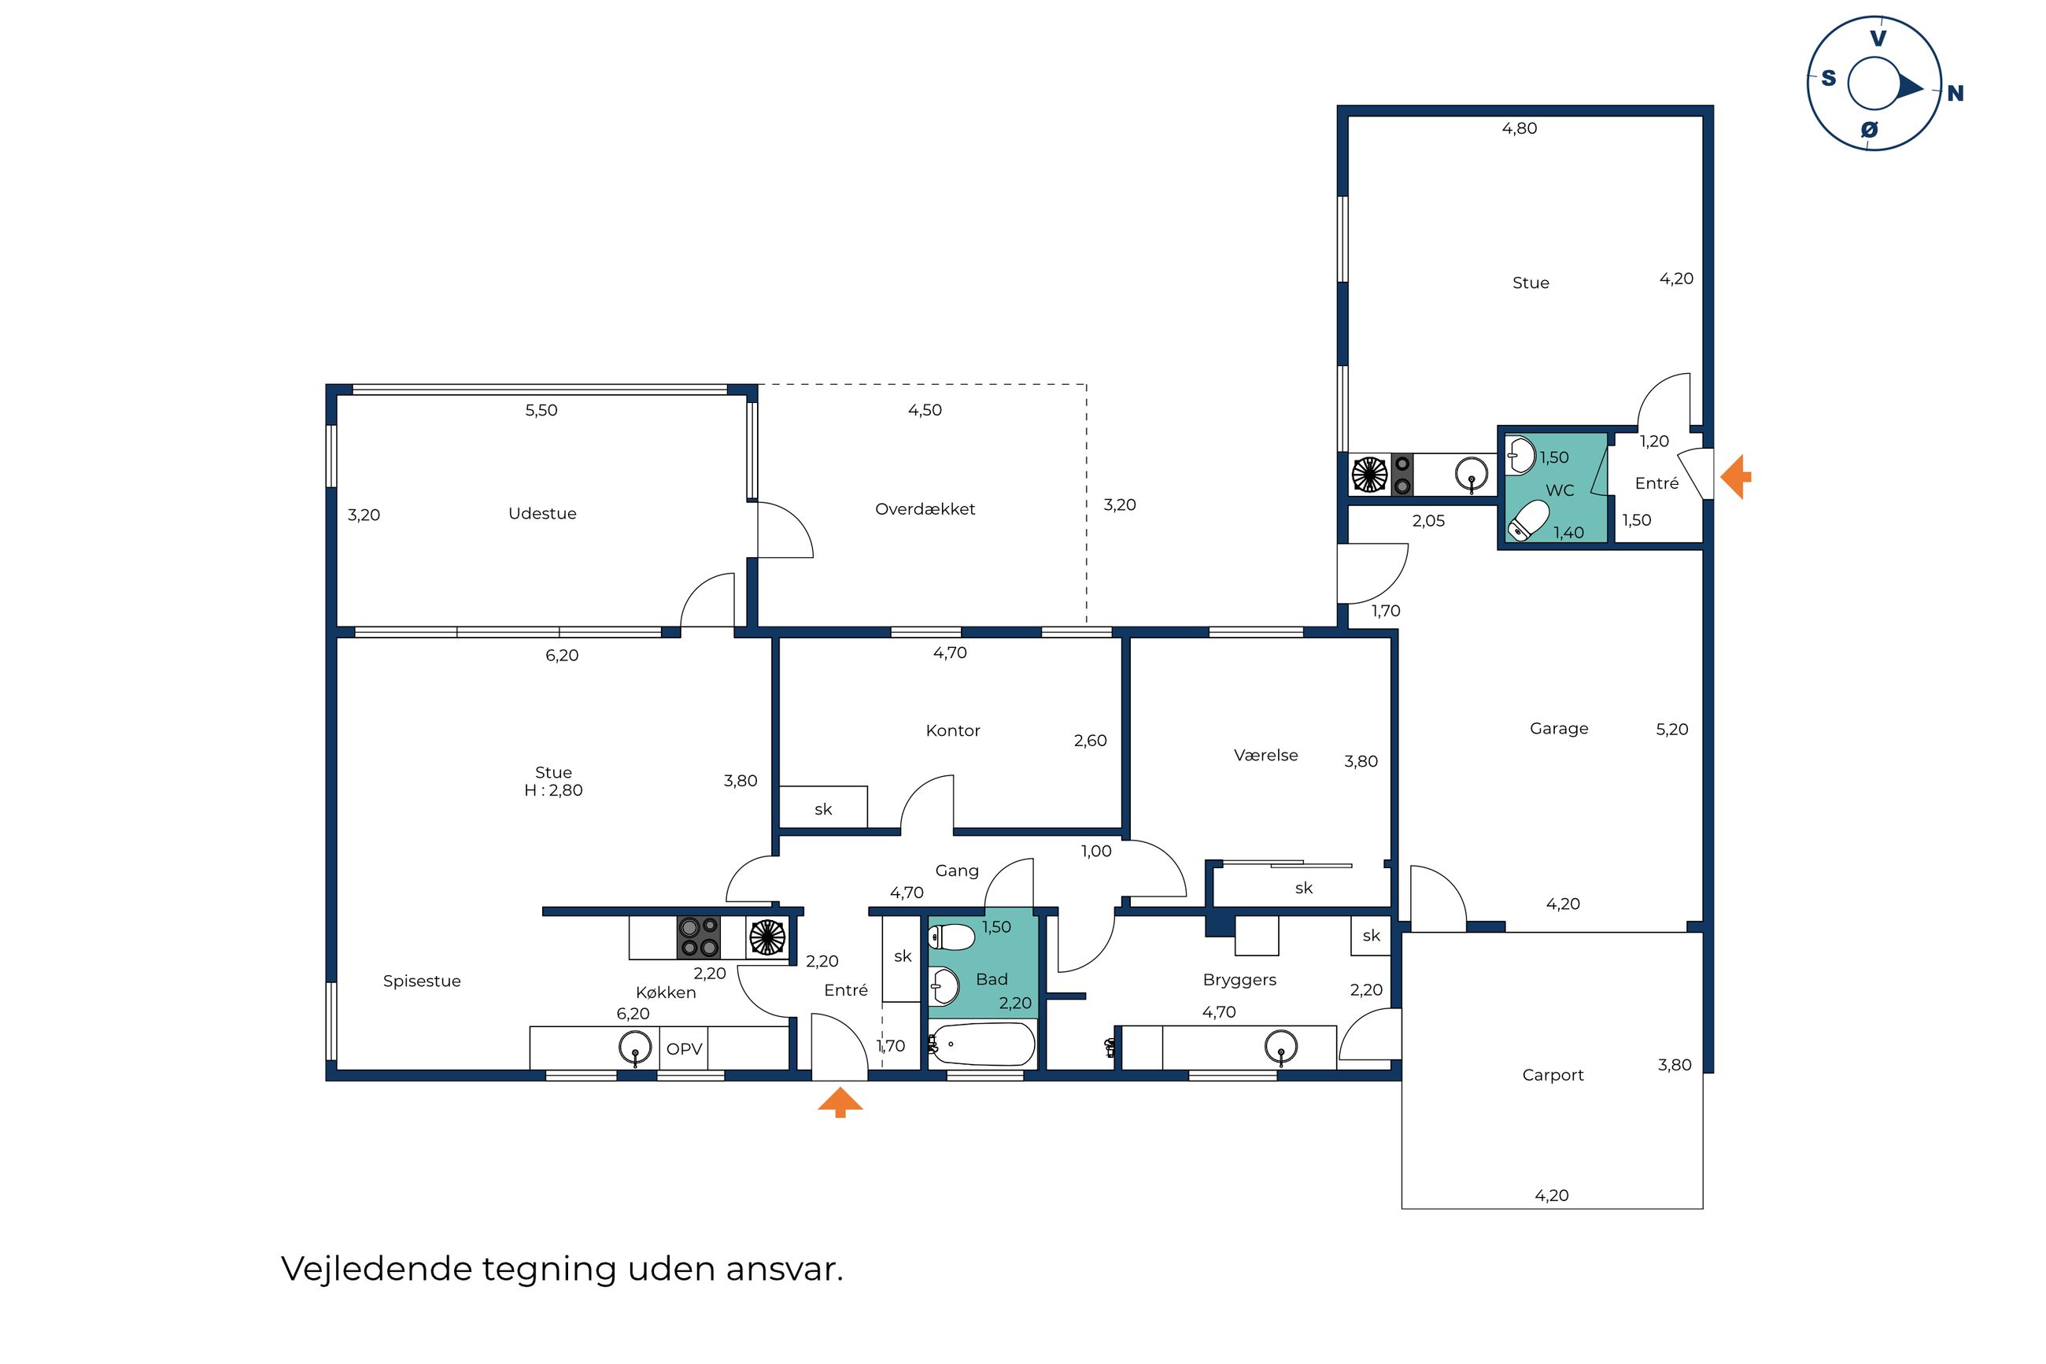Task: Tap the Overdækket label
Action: pos(925,509)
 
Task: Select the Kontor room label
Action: pos(952,730)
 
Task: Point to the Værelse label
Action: pos(1265,755)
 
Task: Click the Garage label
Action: pos(1558,728)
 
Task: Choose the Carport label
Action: pos(1552,1074)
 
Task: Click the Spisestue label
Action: pos(422,981)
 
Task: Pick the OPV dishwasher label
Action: pos(684,1048)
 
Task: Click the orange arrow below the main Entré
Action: pos(840,1101)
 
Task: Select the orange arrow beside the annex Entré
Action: pos(1736,477)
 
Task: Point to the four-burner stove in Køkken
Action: pos(698,937)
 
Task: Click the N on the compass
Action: pos(1955,93)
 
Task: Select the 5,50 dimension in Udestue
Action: pos(541,410)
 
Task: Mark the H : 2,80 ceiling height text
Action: pos(553,790)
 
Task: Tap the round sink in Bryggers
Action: pos(1280,1047)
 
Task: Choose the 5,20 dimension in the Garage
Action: pos(1671,729)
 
